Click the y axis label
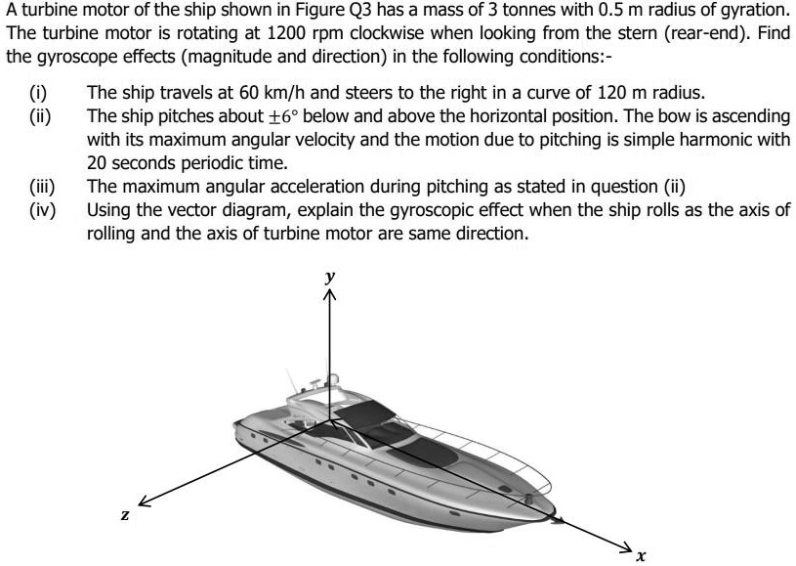click(331, 277)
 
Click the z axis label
click(125, 515)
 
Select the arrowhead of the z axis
click(145, 501)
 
